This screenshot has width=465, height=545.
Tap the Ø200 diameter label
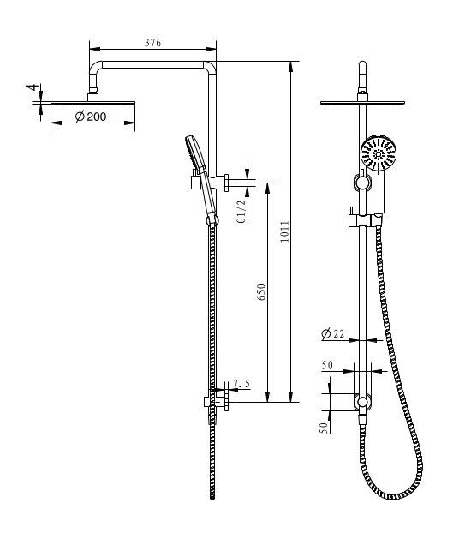[91, 117]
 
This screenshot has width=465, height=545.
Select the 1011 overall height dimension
[284, 232]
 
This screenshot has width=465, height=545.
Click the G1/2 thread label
[241, 208]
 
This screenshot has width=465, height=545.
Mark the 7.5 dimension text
[241, 384]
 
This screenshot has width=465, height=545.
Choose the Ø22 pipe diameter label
[333, 334]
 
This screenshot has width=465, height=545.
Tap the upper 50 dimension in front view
[327, 365]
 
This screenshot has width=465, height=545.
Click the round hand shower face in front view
[378, 155]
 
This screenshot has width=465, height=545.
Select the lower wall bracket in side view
[215, 400]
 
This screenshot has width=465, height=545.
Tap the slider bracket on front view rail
[363, 220]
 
